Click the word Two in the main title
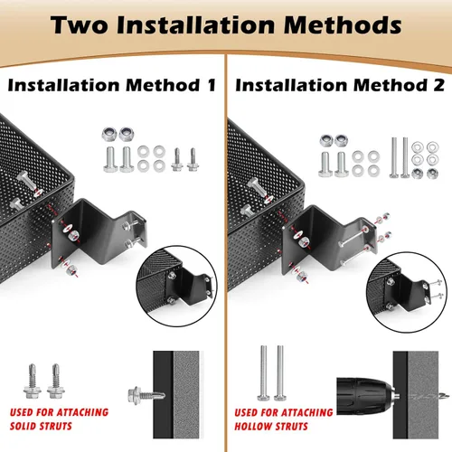pyautogui.click(x=80, y=24)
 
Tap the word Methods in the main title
pyautogui.click(x=343, y=24)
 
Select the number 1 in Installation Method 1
pyautogui.click(x=212, y=85)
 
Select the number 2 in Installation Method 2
pyautogui.click(x=439, y=85)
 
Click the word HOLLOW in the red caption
pyautogui.click(x=253, y=427)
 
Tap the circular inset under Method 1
pyautogui.click(x=177, y=286)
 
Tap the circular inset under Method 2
pyautogui.click(x=407, y=292)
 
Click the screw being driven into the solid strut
pyautogui.click(x=146, y=395)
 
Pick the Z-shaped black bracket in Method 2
pyautogui.click(x=329, y=238)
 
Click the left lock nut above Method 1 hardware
pyautogui.click(x=109, y=135)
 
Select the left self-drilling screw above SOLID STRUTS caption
pyautogui.click(x=33, y=381)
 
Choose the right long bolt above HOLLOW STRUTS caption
pyautogui.click(x=280, y=373)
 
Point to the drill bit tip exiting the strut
pyautogui.click(x=444, y=396)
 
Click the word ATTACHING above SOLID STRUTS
pyautogui.click(x=82, y=412)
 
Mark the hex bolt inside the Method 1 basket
pyautogui.click(x=26, y=181)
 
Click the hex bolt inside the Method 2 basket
pyautogui.click(x=257, y=187)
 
